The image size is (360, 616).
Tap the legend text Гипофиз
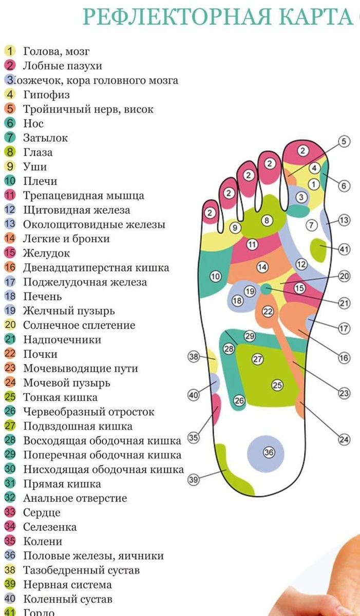[46, 95]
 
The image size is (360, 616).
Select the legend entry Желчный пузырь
[69, 311]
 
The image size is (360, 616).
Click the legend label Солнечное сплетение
[79, 325]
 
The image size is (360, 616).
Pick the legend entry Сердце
[42, 513]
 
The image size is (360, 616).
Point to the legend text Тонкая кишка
[60, 397]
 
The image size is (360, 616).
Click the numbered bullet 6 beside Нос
[10, 124]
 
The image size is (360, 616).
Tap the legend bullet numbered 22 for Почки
[10, 354]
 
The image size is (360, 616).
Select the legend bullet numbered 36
[10, 556]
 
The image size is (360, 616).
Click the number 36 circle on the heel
[269, 452]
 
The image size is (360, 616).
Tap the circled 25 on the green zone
[277, 385]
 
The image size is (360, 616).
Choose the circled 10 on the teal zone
[215, 277]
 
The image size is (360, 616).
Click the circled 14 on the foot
[262, 267]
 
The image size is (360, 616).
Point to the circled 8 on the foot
[267, 220]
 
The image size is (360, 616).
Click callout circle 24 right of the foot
[344, 439]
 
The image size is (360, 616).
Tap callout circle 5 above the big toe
[344, 141]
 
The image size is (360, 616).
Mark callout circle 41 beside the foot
[344, 249]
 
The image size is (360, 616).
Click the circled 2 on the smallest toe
[210, 213]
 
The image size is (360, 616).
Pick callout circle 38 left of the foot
[193, 357]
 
